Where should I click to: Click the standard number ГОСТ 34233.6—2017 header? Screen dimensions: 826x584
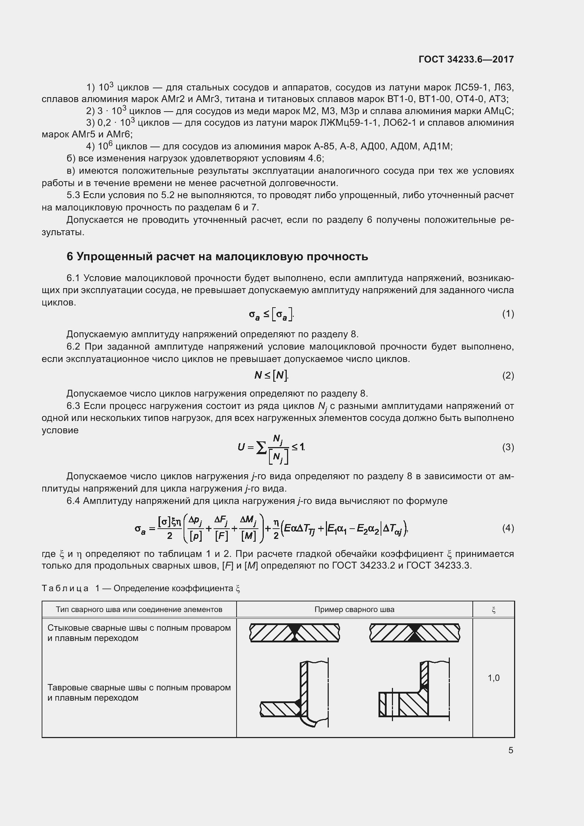pyautogui.click(x=466, y=59)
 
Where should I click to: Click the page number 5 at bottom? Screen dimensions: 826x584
pyautogui.click(x=511, y=750)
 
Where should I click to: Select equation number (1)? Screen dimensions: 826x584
pyautogui.click(x=508, y=314)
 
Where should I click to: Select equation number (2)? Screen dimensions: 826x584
pyautogui.click(x=508, y=376)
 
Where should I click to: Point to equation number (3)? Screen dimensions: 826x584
pyautogui.click(x=508, y=447)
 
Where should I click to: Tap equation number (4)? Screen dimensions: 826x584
pyautogui.click(x=508, y=528)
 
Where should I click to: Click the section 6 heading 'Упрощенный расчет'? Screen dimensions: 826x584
pyautogui.click(x=217, y=256)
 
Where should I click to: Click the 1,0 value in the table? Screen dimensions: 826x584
pyautogui.click(x=493, y=678)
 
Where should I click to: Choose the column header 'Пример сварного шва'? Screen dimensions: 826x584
pyautogui.click(x=354, y=610)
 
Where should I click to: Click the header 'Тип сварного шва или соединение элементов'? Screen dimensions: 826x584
pyautogui.click(x=139, y=610)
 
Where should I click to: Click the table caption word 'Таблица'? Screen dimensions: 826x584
pyautogui.click(x=65, y=589)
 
